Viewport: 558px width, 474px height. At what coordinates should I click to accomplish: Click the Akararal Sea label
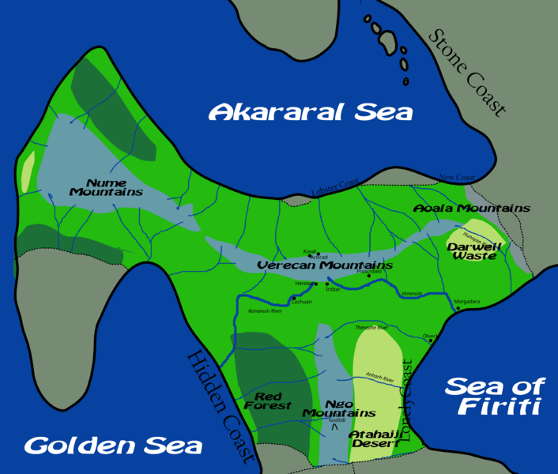(x=311, y=112)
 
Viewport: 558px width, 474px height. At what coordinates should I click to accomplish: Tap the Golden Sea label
(x=113, y=446)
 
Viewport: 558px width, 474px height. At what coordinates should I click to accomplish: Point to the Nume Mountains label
(x=106, y=186)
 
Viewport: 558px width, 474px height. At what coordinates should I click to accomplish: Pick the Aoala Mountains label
(x=471, y=208)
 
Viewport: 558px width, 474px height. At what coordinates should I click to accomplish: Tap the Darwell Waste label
(x=472, y=250)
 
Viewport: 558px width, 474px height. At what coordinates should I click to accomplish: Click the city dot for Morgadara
(x=458, y=309)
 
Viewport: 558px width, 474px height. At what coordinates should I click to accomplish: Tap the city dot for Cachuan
(x=293, y=298)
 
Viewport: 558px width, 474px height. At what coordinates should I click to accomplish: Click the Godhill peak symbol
(x=335, y=430)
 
